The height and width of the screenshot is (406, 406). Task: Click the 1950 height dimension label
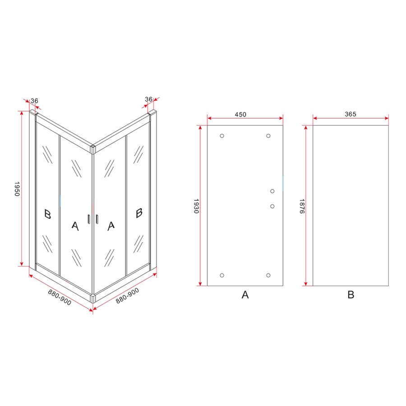[17, 189]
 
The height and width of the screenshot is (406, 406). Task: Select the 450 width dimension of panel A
[240, 114]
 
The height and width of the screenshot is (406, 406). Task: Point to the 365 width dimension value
[351, 114]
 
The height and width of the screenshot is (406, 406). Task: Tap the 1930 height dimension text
[196, 206]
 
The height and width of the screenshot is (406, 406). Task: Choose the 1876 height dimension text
[301, 206]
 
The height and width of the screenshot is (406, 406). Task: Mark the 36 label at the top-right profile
[149, 99]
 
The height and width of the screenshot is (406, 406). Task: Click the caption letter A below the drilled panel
[245, 295]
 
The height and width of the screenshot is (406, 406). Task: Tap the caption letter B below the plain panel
[351, 295]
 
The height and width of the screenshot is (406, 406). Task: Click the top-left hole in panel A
[221, 136]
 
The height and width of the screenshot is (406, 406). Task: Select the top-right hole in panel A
[268, 136]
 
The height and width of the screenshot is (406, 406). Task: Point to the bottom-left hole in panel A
[221, 275]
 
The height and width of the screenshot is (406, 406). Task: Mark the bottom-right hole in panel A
[268, 275]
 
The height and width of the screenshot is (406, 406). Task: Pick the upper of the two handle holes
[272, 191]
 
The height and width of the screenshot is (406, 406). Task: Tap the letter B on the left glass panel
[47, 213]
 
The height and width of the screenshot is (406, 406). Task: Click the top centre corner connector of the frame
[92, 148]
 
